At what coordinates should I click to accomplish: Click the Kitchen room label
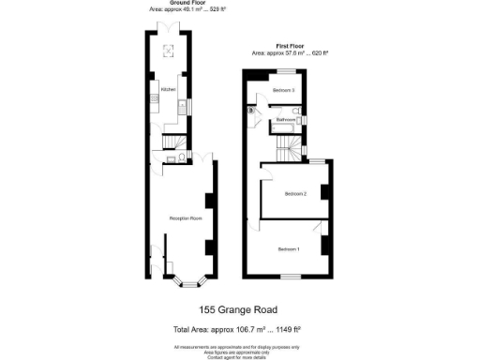[x=169, y=88]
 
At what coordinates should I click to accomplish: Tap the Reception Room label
[x=186, y=218]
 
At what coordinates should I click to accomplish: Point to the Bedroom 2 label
[x=295, y=193]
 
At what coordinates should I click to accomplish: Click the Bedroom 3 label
[x=284, y=90]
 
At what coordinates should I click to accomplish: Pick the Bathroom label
[x=287, y=120]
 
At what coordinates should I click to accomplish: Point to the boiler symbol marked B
[x=251, y=111]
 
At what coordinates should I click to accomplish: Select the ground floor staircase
[x=170, y=141]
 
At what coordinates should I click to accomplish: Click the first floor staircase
[x=295, y=145]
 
